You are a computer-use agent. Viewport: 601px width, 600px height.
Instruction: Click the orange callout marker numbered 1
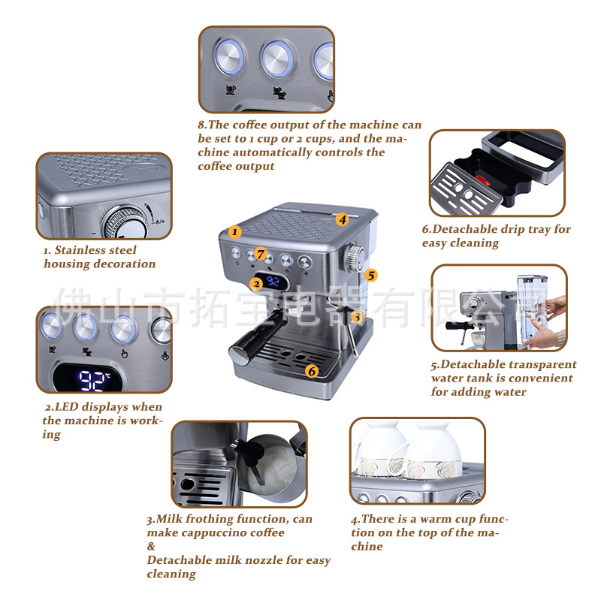234,231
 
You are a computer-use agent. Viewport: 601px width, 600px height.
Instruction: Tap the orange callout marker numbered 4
343,219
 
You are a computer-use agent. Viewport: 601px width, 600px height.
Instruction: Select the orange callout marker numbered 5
370,275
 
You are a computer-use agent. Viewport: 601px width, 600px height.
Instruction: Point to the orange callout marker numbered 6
312,371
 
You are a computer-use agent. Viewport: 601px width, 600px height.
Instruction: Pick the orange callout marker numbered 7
261,253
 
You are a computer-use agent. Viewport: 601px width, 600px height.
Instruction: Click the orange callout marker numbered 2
256,284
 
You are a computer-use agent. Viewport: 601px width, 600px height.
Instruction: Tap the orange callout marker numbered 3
357,316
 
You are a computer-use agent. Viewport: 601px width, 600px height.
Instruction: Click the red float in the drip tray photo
483,179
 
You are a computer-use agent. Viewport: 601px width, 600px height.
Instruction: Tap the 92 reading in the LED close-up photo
92,381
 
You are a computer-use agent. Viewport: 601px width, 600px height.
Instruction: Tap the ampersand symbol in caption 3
152,547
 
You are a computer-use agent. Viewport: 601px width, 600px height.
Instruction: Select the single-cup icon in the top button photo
231,89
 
